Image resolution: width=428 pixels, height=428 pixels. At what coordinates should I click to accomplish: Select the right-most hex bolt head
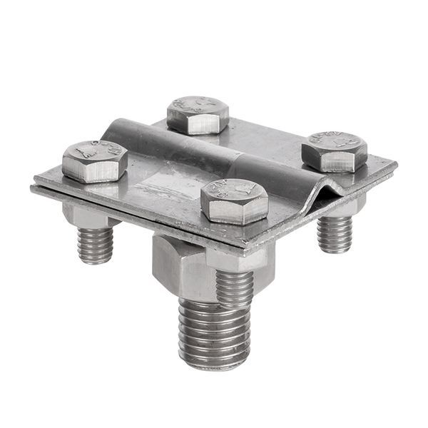(334, 151)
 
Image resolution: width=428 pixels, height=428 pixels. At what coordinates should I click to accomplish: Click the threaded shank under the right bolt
(335, 233)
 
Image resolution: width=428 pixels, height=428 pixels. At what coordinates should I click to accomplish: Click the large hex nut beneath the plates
(178, 267)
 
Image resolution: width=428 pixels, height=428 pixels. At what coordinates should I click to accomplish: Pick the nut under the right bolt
(342, 207)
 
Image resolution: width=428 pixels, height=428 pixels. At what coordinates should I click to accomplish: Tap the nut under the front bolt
(235, 258)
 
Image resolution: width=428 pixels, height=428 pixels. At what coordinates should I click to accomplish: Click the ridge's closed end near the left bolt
(118, 128)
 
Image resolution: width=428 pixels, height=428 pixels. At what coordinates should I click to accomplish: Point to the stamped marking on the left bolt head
(93, 152)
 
